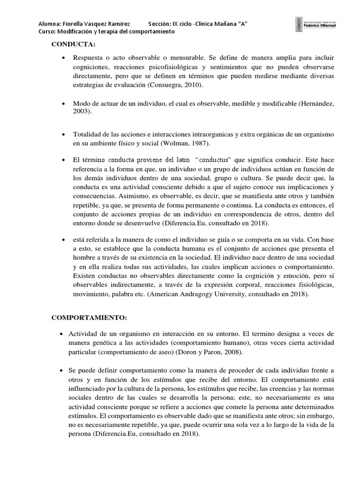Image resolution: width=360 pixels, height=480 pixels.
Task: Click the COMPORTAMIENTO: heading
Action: click(89, 318)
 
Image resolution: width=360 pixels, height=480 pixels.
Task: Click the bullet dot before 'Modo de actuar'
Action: click(63, 104)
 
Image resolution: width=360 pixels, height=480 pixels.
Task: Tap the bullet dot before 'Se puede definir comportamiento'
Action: click(63, 369)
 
